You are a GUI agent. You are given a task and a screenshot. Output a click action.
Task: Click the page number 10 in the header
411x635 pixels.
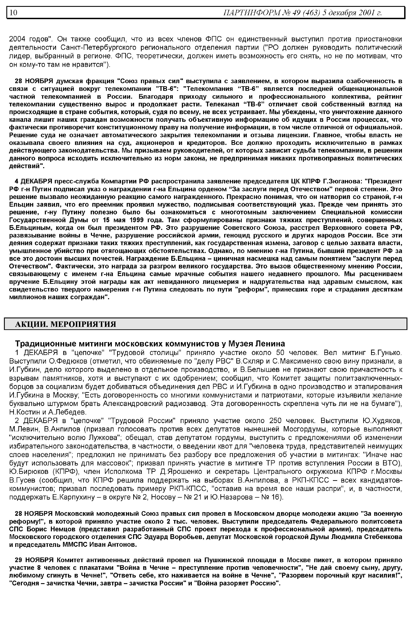(13, 12)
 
